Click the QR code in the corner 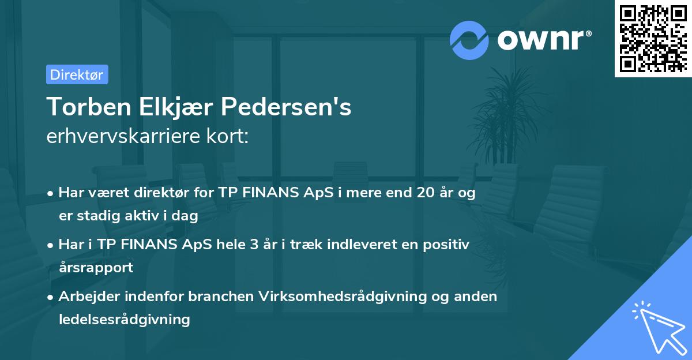[653, 39]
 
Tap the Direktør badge [77, 74]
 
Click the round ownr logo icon [469, 40]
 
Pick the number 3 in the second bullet [253, 245]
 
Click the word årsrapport [96, 267]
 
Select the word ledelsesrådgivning [124, 319]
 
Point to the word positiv [447, 245]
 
